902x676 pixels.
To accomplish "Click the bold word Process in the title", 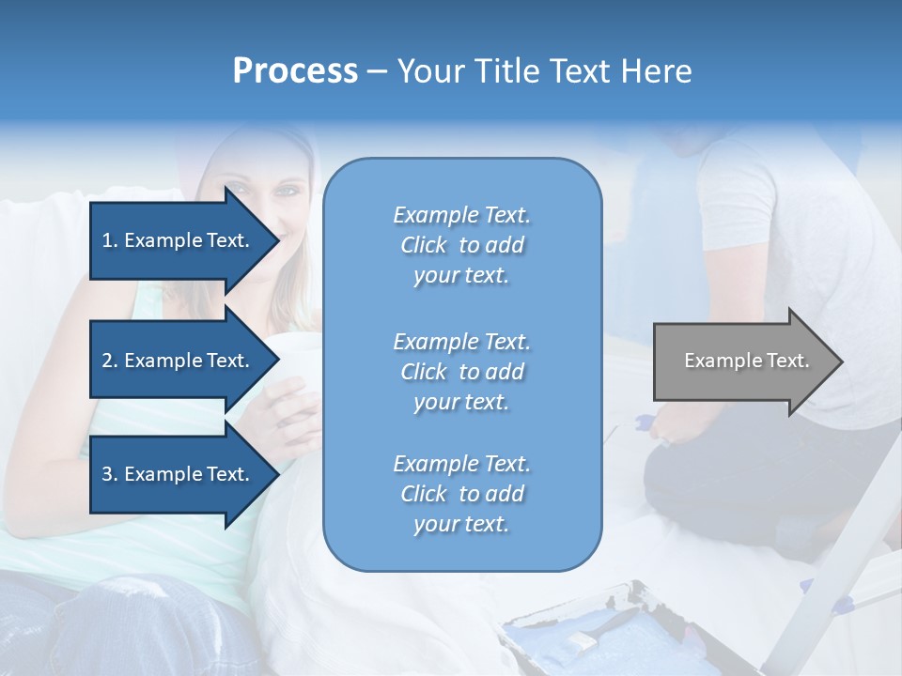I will pyautogui.click(x=295, y=71).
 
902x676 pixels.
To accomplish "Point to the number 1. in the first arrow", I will pyautogui.click(x=110, y=240).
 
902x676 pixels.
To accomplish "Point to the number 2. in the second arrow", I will pyautogui.click(x=110, y=361).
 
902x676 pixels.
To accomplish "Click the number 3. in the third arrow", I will pyautogui.click(x=110, y=474).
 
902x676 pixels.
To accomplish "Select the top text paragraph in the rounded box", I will pyautogui.click(x=461, y=245).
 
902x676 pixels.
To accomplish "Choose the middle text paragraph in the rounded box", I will pyautogui.click(x=461, y=372).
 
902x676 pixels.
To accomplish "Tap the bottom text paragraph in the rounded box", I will pyautogui.click(x=461, y=494).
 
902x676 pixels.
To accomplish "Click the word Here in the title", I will pyautogui.click(x=658, y=71).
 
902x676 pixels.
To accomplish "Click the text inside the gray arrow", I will pyautogui.click(x=747, y=361).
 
